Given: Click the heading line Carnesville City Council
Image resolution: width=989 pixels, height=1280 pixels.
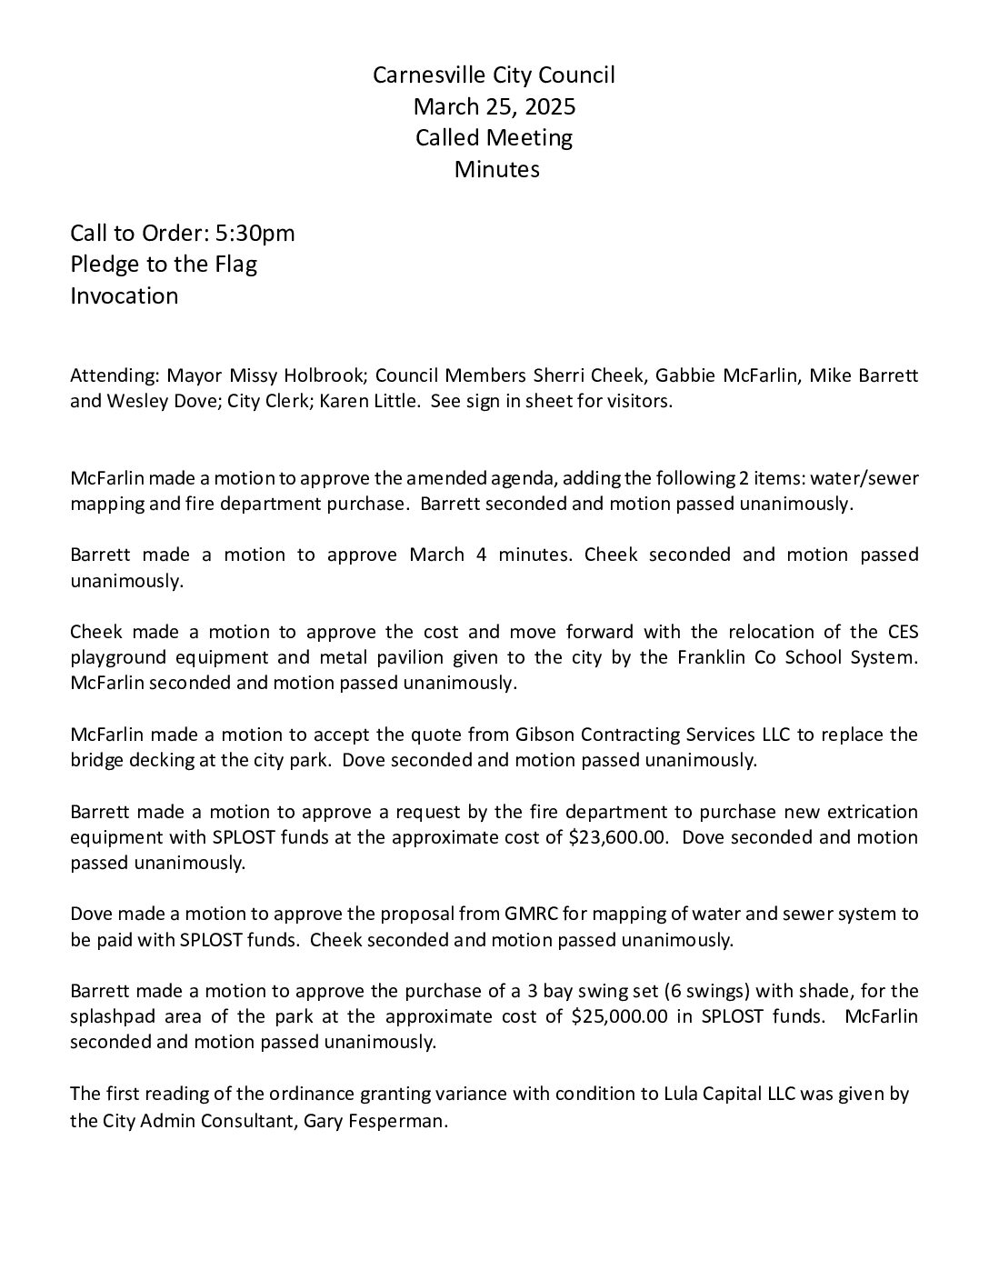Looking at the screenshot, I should (x=494, y=75).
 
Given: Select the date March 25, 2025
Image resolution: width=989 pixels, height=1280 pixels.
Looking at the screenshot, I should (x=494, y=107).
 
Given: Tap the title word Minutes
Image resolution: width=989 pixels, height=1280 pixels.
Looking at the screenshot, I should (x=496, y=170).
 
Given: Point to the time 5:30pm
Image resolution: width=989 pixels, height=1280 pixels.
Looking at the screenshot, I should (x=255, y=234).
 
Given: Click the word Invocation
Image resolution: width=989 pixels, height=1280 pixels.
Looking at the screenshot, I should (x=125, y=296).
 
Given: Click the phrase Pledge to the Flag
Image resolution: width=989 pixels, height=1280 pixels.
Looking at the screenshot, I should (x=164, y=265).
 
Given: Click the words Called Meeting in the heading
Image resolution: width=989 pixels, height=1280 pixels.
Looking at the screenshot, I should (x=494, y=138).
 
